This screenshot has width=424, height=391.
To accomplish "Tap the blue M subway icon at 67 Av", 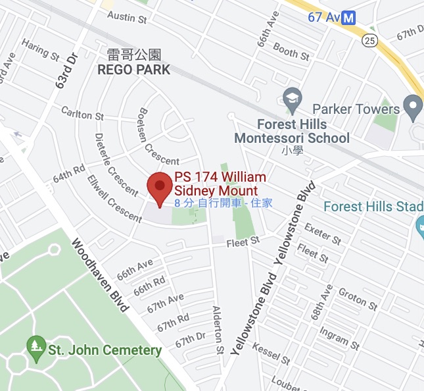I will click(350, 17).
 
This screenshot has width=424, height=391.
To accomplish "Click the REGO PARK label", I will click(134, 70).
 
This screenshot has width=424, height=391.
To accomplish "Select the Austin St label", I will click(126, 18).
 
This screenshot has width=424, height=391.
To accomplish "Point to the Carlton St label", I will click(82, 113).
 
